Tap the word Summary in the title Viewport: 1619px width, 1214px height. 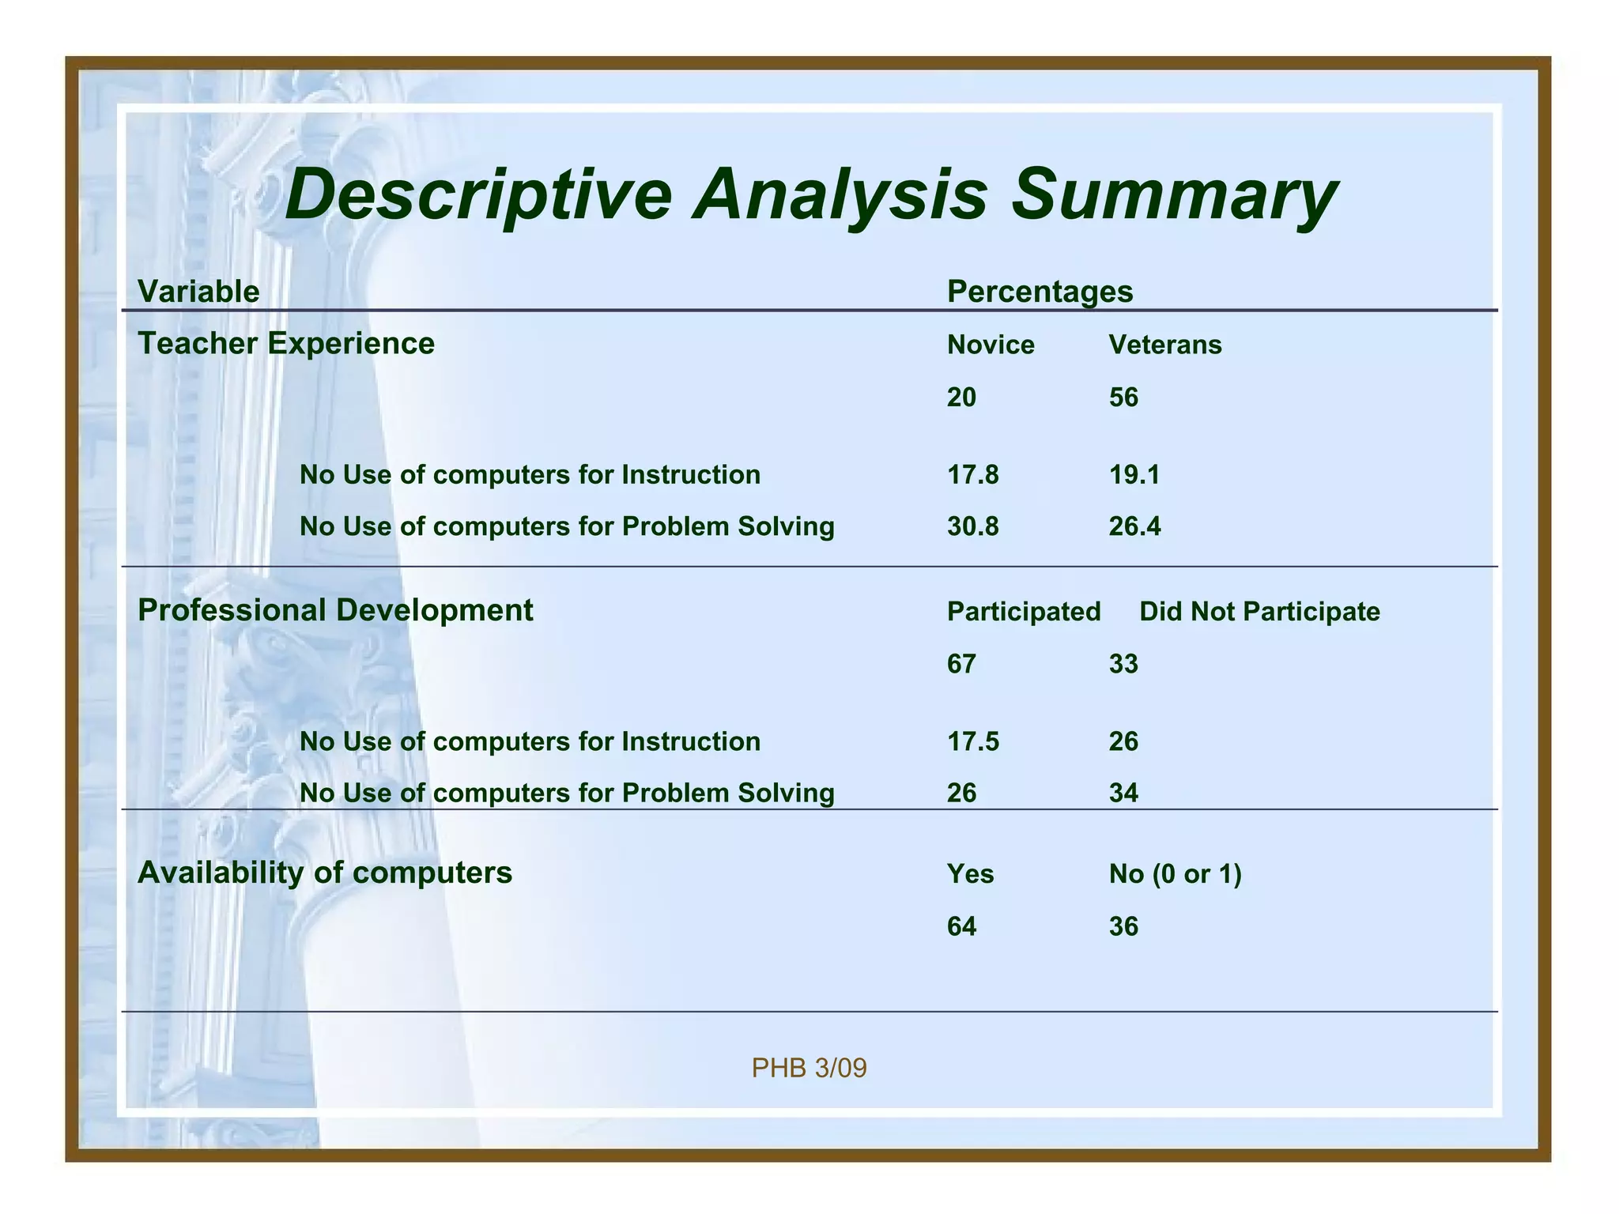click(x=1174, y=194)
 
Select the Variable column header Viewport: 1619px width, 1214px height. click(x=198, y=292)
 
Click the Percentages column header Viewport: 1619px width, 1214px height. click(x=1040, y=292)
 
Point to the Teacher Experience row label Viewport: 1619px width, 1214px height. click(x=286, y=344)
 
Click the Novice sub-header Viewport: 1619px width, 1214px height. click(x=991, y=345)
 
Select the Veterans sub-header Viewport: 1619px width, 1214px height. click(x=1164, y=345)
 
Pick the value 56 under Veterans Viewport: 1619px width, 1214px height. click(x=1123, y=397)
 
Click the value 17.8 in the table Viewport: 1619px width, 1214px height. click(x=972, y=475)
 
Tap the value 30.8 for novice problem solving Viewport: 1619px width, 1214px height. click(x=972, y=526)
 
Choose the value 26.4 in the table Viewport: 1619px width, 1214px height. click(x=1134, y=526)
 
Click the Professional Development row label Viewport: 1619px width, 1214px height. click(x=335, y=610)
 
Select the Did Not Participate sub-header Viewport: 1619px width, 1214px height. click(x=1259, y=612)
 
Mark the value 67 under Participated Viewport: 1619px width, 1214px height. click(x=961, y=664)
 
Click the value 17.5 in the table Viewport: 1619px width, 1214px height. click(x=972, y=741)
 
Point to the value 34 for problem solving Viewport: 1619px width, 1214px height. click(x=1123, y=793)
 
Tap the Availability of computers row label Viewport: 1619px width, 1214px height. click(x=325, y=873)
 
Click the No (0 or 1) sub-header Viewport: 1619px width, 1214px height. click(x=1175, y=874)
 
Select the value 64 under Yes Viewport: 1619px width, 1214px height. click(x=961, y=926)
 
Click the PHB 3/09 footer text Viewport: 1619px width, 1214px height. click(x=809, y=1069)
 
